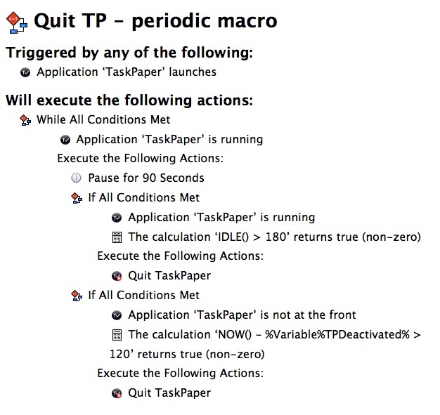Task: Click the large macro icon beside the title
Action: pos(17,22)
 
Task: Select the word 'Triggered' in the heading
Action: pos(41,53)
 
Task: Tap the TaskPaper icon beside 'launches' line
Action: pos(25,72)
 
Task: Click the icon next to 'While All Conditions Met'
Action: pos(25,120)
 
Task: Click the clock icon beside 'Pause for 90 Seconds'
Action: pos(77,178)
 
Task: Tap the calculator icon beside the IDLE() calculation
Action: pos(117,237)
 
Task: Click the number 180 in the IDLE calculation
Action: pos(276,237)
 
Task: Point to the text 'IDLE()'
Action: pos(233,237)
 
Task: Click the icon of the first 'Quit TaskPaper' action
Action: pos(117,276)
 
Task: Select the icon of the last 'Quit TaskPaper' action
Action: pos(117,393)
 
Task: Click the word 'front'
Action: pos(342,315)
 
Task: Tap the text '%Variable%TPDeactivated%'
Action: pos(337,334)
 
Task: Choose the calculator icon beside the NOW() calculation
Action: pos(117,335)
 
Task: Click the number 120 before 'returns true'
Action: pos(119,354)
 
